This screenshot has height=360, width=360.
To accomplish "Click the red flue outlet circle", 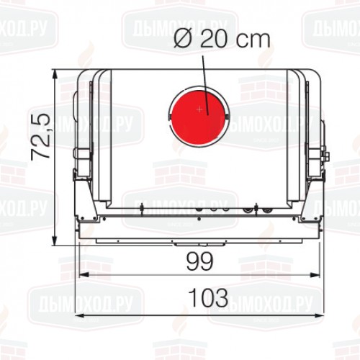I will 199,115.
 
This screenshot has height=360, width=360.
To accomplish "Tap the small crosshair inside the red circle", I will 199,109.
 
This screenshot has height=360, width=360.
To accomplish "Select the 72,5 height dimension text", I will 40,136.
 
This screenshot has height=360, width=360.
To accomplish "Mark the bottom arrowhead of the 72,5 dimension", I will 56,240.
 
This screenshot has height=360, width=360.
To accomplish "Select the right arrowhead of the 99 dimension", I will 318,274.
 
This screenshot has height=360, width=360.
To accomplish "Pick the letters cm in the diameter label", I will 256,40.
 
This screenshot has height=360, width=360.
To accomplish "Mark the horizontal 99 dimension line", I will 144,274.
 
